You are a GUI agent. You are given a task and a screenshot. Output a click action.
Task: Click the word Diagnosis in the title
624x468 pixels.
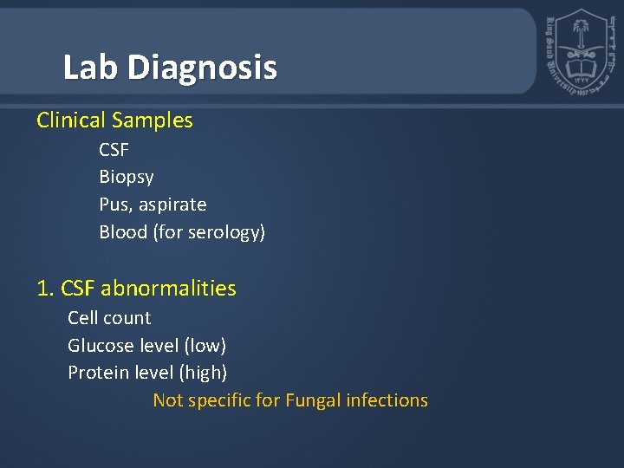203,68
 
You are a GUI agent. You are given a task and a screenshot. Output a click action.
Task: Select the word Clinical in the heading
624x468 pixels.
71,120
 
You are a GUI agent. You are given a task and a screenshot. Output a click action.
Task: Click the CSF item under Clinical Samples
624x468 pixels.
114,150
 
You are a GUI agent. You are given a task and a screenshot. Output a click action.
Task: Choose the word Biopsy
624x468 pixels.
127,178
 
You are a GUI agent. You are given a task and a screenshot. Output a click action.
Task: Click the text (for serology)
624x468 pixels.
209,232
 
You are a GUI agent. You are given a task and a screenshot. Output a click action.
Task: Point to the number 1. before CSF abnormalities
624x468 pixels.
45,289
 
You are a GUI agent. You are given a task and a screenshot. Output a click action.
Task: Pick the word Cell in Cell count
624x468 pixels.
83,318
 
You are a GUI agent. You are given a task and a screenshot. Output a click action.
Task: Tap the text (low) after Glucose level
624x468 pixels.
205,346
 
